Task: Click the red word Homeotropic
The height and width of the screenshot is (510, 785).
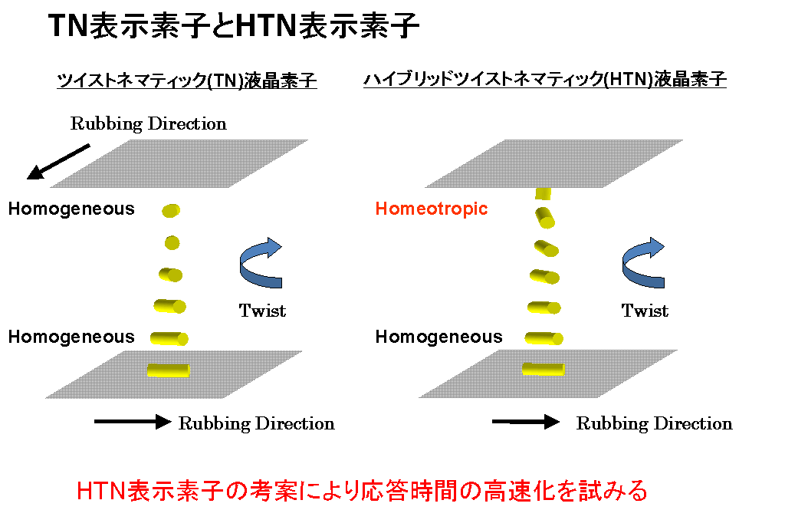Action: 431,209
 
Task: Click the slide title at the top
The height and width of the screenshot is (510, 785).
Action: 233,25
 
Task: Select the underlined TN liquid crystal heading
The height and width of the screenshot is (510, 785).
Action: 187,81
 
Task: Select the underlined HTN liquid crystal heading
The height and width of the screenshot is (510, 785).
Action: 545,80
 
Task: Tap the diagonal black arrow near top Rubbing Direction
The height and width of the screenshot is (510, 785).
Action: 58,161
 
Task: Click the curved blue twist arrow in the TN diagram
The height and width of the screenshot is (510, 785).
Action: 261,262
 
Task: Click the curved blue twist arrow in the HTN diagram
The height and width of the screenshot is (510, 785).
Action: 643,262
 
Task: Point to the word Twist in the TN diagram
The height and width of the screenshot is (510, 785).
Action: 262,311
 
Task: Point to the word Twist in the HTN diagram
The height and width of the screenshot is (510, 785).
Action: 645,311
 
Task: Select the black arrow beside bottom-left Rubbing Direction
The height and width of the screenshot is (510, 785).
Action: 133,422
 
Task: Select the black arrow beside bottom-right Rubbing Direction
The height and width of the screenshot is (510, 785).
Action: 526,422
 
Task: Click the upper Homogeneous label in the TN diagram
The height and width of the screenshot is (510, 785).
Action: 71,209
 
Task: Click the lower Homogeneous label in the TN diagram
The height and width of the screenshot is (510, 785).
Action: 71,337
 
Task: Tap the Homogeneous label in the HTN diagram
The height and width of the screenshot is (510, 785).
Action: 439,337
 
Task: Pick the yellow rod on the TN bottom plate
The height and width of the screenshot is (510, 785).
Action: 168,370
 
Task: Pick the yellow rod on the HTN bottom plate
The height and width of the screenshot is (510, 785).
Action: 544,369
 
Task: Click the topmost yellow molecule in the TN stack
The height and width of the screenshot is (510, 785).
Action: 171,210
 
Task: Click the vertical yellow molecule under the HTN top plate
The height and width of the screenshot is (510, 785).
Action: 543,193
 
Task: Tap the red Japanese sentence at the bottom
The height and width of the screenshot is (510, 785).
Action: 363,491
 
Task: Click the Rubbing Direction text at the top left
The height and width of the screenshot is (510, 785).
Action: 148,123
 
